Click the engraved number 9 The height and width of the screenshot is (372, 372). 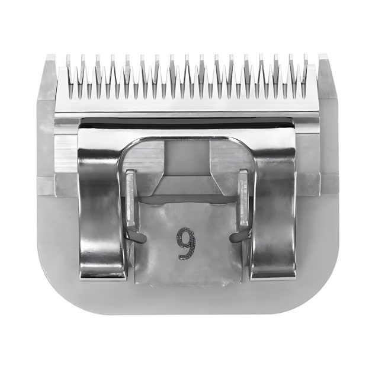[185, 243]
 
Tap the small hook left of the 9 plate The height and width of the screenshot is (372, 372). [137, 237]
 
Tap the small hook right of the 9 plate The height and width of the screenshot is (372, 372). [235, 237]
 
